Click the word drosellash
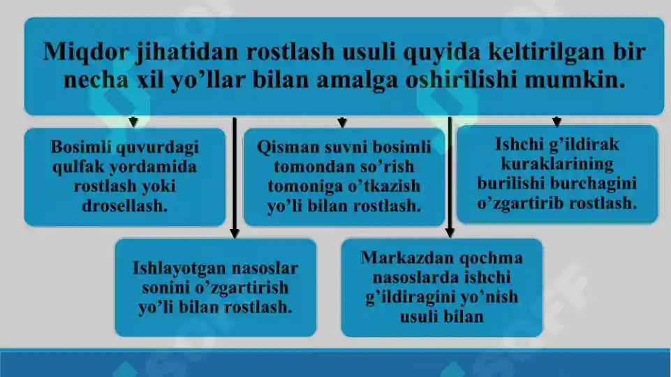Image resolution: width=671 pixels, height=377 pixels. click(x=125, y=207)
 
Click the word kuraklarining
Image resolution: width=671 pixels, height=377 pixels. click(x=556, y=164)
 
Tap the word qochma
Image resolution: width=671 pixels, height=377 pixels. click(x=496, y=258)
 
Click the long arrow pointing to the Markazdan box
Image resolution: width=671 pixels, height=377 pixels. click(x=450, y=178)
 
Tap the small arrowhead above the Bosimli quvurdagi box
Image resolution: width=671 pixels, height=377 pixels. click(x=133, y=122)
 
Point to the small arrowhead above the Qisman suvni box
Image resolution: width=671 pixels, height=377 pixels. click(x=342, y=122)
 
